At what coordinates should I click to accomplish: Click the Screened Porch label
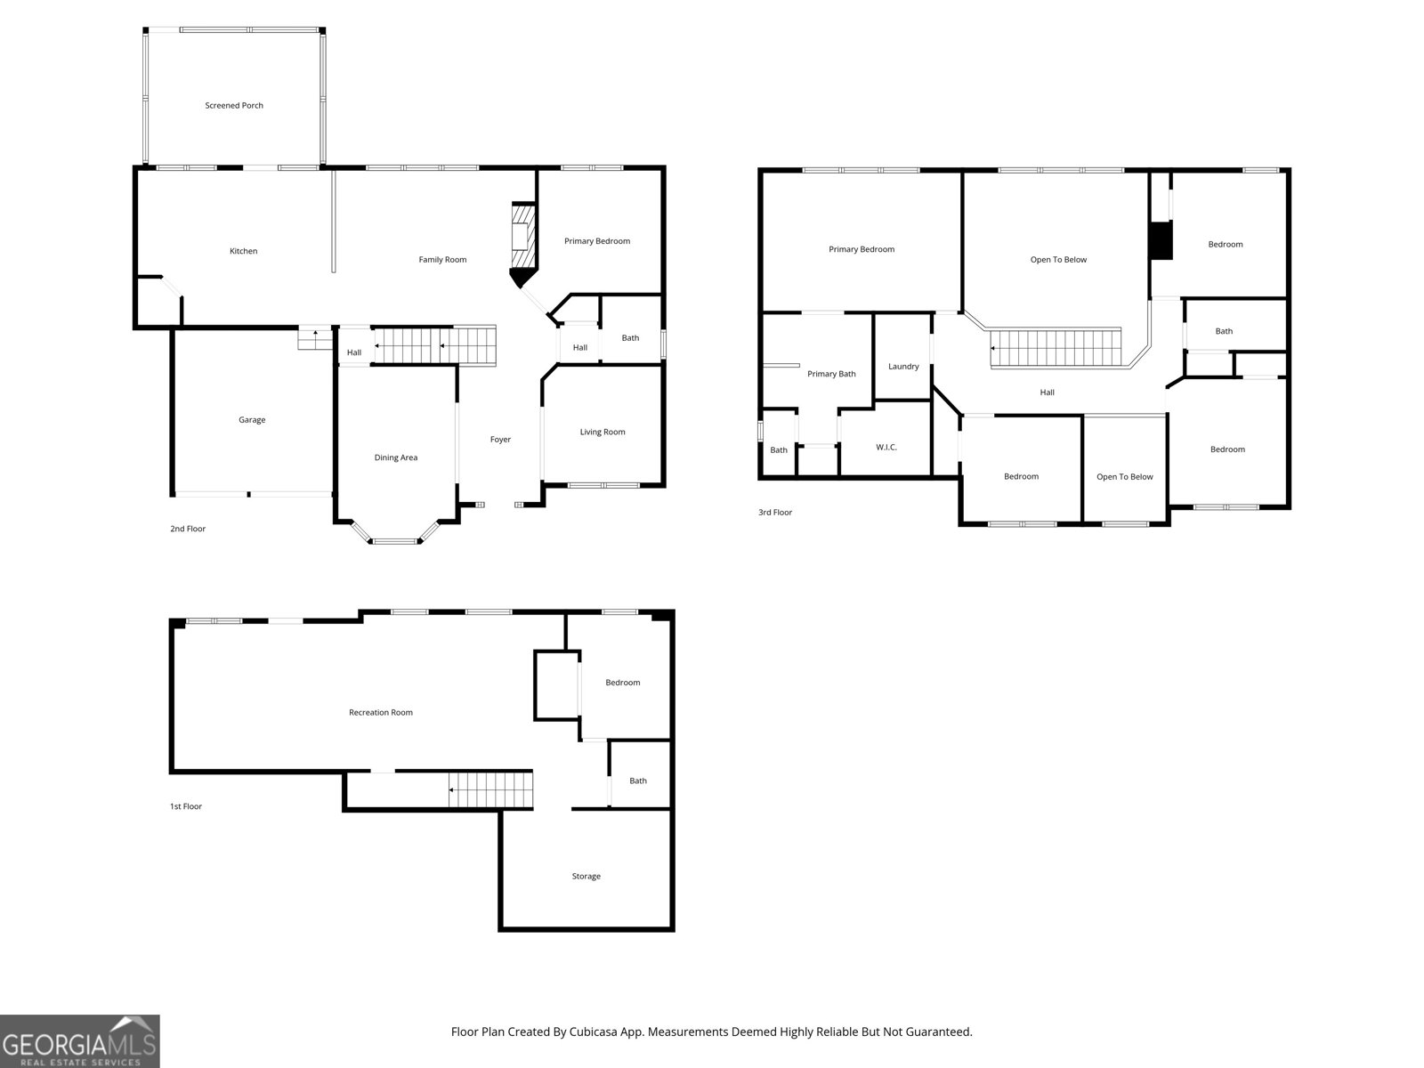234,106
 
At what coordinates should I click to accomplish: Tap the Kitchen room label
243,252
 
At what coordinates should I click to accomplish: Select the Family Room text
442,260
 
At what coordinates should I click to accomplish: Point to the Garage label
252,420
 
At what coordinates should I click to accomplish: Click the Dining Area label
395,458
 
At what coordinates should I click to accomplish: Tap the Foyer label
500,440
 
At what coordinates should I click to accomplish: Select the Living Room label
603,433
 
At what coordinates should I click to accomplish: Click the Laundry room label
903,367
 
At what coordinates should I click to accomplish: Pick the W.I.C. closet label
886,448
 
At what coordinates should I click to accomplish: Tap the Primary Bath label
831,375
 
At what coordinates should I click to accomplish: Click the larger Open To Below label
1058,260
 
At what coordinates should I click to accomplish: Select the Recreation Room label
380,713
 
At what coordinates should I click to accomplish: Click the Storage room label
586,877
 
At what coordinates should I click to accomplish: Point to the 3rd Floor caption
774,513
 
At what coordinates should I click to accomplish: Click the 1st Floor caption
186,807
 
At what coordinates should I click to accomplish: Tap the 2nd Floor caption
188,530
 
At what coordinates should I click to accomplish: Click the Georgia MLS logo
80,1041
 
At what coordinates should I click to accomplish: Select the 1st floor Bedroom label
622,684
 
